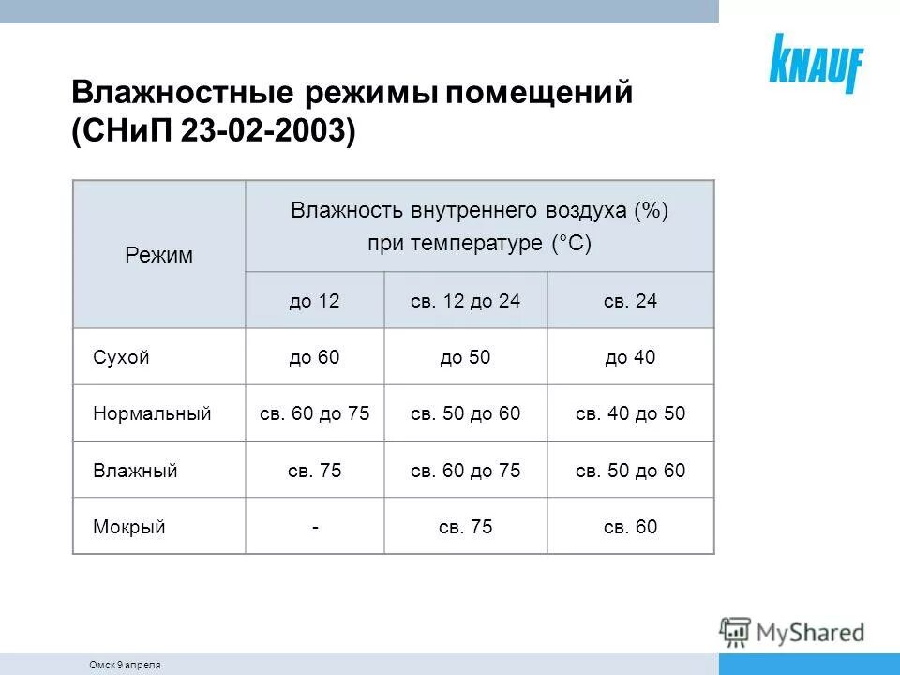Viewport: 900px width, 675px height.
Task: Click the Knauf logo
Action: (x=816, y=62)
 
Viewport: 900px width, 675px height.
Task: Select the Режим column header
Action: (x=159, y=255)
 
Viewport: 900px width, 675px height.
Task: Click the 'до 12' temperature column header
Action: (x=314, y=301)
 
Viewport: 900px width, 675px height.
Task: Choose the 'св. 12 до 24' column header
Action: (x=465, y=301)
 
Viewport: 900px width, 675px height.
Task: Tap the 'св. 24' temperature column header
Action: (x=630, y=301)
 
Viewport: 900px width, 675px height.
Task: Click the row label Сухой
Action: (x=122, y=357)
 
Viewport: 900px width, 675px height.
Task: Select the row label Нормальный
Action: (x=152, y=413)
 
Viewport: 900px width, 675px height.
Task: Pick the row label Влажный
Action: (x=135, y=471)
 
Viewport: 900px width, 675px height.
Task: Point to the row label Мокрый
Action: (x=129, y=527)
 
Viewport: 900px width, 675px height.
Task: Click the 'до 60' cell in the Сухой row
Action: (x=314, y=357)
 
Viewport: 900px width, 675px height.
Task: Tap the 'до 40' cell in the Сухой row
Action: (x=630, y=357)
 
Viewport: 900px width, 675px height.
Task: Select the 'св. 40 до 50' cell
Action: (x=630, y=413)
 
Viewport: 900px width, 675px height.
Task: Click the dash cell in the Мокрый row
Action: (x=315, y=527)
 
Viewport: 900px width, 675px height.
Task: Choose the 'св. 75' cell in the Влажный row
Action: (x=314, y=471)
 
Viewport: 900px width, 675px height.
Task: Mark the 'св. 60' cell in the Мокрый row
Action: (x=630, y=527)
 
